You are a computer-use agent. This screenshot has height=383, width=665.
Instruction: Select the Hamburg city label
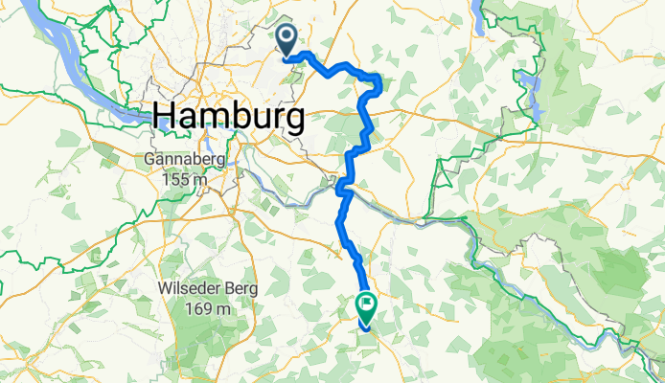(229, 117)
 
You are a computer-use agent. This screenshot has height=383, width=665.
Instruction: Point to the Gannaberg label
(185, 160)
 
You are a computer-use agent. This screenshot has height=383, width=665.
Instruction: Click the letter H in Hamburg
(163, 117)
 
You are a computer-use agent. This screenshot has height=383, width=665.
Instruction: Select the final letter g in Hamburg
(296, 120)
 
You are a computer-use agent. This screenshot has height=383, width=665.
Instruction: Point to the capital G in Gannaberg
(151, 160)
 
